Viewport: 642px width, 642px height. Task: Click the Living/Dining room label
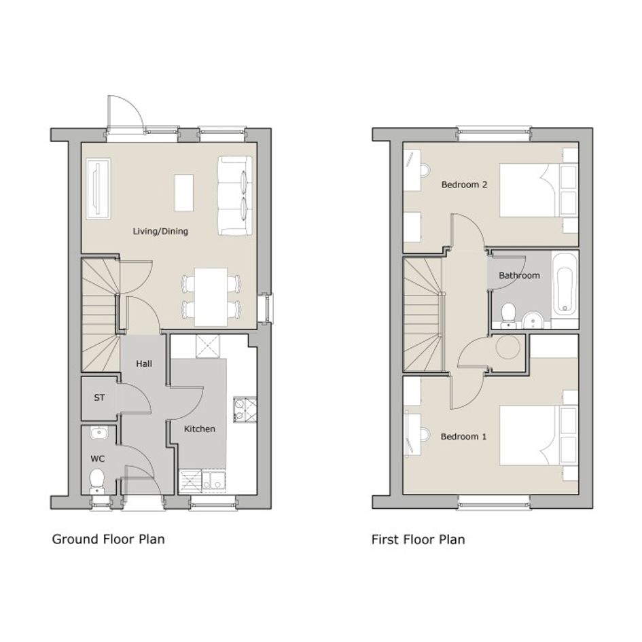[160, 232]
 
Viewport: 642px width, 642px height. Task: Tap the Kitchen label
[200, 429]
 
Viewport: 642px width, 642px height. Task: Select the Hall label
[144, 363]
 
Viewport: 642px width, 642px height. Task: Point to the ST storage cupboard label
[99, 397]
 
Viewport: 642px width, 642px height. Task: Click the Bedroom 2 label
[464, 185]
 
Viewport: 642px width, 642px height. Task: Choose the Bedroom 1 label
[463, 436]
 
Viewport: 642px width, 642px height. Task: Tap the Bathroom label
[519, 275]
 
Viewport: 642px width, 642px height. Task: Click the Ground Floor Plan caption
[109, 539]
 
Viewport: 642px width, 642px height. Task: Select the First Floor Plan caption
[418, 539]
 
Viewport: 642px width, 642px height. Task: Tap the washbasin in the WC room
[99, 433]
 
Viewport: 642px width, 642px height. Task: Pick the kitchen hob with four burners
[245, 410]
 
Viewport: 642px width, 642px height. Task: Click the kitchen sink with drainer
[203, 480]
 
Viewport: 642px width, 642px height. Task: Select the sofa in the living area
[234, 196]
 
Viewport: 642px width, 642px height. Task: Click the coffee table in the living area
[184, 193]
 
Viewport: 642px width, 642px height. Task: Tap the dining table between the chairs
[211, 297]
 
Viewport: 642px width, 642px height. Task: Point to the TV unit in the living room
[99, 189]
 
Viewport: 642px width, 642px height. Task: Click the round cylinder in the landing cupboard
[507, 347]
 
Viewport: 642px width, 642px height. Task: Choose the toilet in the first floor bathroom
[509, 315]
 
